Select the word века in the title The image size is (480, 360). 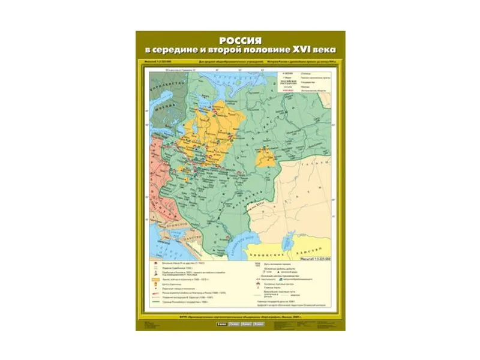tap(321, 50)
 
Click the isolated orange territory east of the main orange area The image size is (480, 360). tap(266, 158)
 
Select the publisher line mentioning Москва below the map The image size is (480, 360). tap(240, 317)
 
